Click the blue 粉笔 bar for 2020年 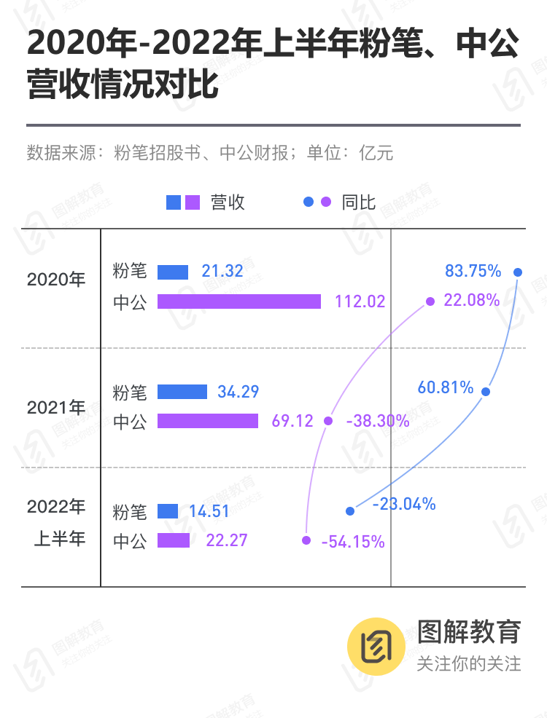[173, 272]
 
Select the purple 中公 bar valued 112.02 [239, 301]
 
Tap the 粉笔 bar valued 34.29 [182, 392]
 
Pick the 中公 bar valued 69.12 [208, 421]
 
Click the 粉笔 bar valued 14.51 [168, 511]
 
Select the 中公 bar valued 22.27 [174, 540]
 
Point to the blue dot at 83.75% [518, 272]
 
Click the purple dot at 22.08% [430, 301]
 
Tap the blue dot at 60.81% [486, 392]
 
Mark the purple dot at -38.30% [328, 421]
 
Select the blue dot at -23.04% [350, 511]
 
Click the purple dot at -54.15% [306, 540]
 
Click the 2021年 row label [56, 408]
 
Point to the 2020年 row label [56, 279]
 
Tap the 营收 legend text [228, 202]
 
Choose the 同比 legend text [358, 202]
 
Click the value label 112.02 [360, 301]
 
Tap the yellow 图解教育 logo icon [376, 647]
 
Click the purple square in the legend [193, 202]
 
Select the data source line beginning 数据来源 [210, 153]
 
